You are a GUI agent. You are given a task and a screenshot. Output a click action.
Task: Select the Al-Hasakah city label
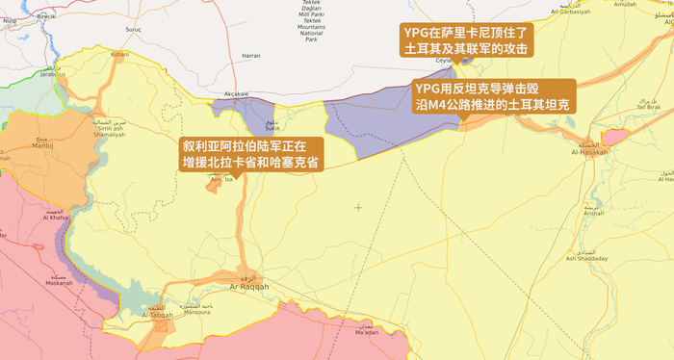(589, 152)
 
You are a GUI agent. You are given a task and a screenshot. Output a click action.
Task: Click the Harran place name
(251, 56)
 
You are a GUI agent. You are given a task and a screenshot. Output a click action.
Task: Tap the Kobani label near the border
(119, 55)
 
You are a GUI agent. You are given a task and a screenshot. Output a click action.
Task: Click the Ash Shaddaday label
(586, 258)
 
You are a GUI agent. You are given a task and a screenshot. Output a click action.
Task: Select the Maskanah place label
(59, 283)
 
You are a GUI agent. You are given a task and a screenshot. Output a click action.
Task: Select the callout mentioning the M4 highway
(493, 94)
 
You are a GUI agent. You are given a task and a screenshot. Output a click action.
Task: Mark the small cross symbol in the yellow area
(359, 207)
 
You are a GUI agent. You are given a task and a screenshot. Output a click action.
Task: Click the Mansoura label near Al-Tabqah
(196, 312)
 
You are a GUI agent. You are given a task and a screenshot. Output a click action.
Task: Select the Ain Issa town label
(222, 179)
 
